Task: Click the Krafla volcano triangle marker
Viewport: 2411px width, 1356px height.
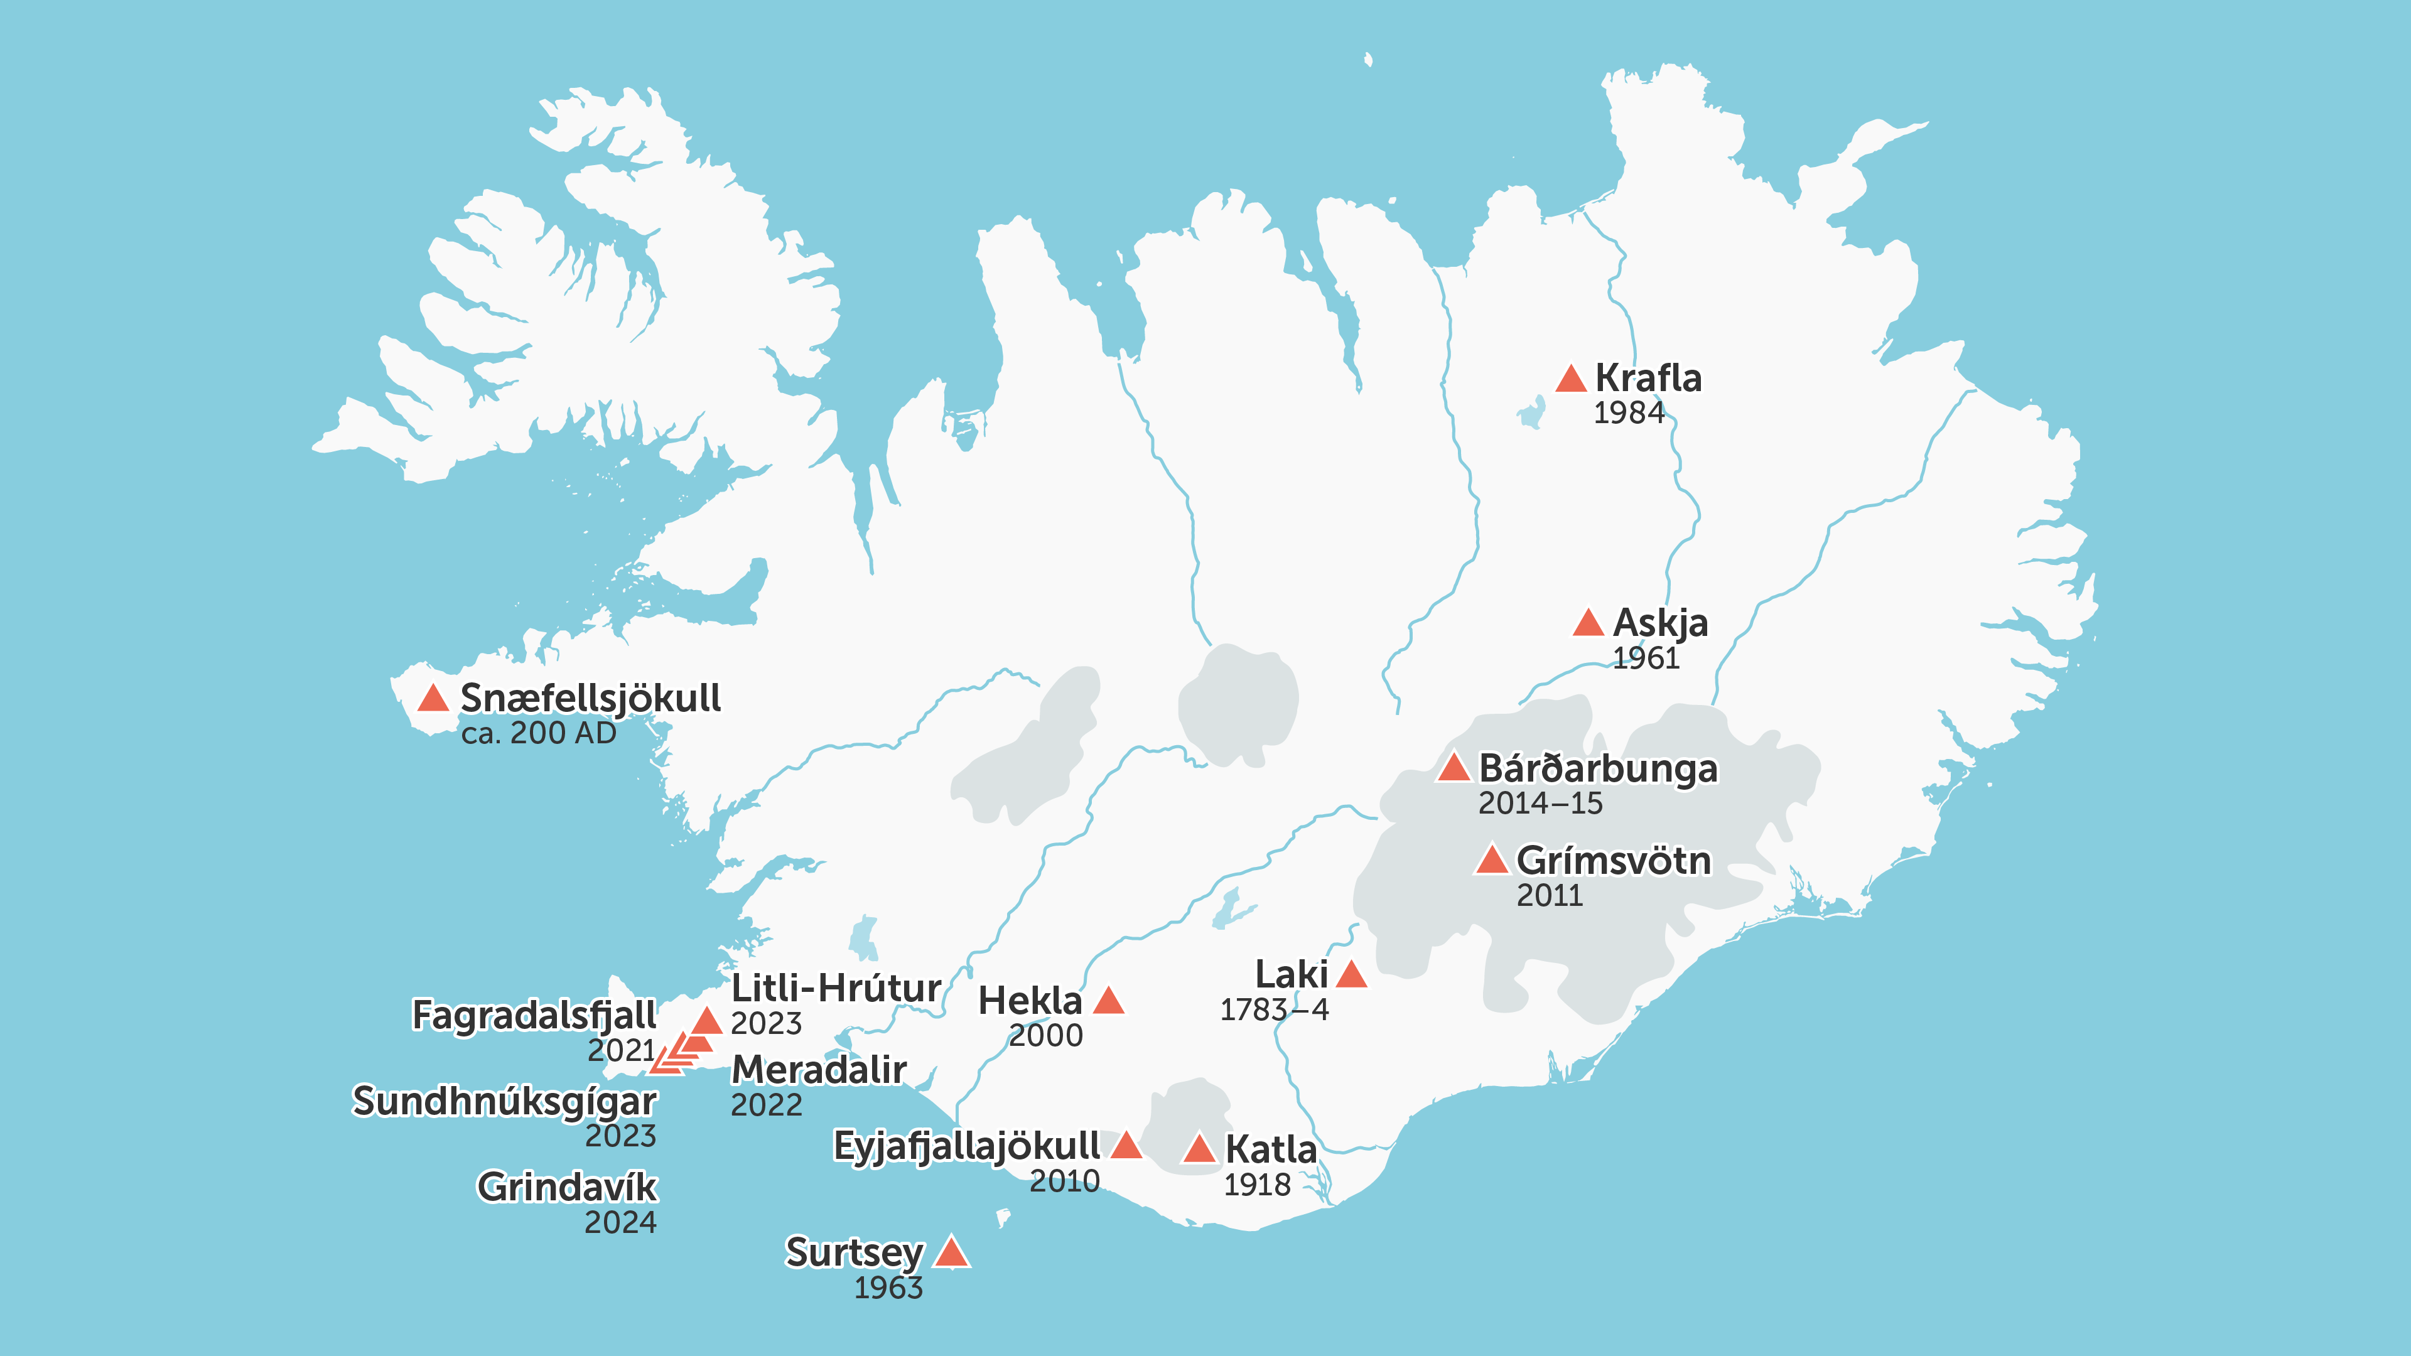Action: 1570,380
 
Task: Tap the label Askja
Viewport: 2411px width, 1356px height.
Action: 1660,622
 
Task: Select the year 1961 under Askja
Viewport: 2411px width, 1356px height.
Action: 1646,659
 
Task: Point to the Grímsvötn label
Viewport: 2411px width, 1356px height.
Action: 1614,860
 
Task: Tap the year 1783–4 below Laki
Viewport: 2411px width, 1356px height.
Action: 1274,1009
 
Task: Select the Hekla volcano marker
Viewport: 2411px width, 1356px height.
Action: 1108,1001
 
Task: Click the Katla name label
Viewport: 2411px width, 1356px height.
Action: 1271,1149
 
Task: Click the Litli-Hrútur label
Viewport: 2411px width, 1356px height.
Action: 836,988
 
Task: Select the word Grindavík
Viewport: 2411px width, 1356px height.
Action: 567,1186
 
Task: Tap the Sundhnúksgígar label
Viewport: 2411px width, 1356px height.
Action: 504,1102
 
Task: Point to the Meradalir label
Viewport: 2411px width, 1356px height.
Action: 819,1070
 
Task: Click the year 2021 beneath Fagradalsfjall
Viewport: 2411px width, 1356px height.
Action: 620,1051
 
